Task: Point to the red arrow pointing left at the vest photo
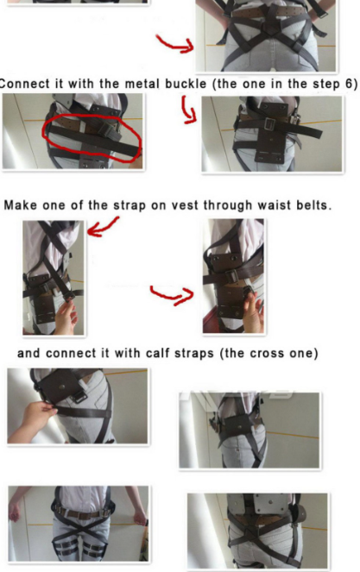click(102, 227)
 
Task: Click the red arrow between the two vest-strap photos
click(173, 295)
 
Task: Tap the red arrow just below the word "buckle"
click(189, 110)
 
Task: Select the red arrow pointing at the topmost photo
click(175, 44)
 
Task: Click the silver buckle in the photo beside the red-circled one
click(270, 124)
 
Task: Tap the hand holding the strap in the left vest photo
click(66, 317)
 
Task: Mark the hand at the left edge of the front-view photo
click(14, 510)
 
